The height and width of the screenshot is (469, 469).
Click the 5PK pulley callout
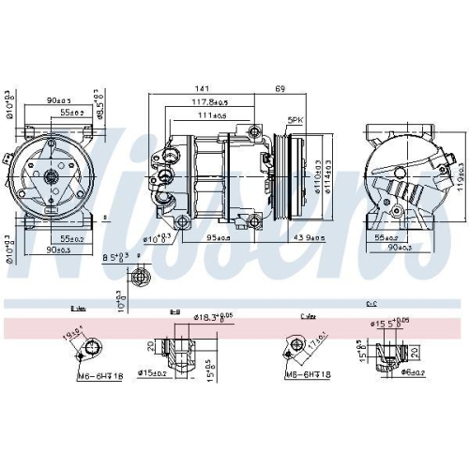point(295,120)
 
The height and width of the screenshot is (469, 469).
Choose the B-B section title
point(174,309)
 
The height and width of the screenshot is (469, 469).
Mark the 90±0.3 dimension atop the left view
point(60,99)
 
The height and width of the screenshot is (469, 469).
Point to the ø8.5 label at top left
point(99,100)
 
